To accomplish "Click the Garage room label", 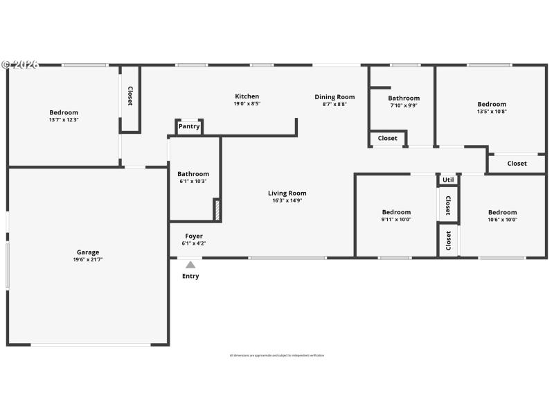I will click(x=88, y=252).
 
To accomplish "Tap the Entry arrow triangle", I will click(x=190, y=264).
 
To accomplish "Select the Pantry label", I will click(x=189, y=126).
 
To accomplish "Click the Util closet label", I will click(x=448, y=179).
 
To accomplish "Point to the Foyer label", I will click(x=194, y=236).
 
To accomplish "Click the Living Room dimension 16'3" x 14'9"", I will click(x=287, y=200).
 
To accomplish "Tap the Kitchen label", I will click(x=247, y=96).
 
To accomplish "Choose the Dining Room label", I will click(x=334, y=97).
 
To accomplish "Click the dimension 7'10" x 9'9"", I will click(x=404, y=105).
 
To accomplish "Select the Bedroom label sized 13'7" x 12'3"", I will click(x=64, y=112).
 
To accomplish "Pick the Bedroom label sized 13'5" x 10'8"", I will click(x=492, y=104).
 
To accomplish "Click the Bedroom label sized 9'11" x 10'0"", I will click(x=396, y=212).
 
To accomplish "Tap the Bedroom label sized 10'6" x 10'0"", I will click(x=502, y=212).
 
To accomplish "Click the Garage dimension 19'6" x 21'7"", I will click(x=88, y=259).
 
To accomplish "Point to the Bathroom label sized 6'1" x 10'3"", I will click(x=193, y=174).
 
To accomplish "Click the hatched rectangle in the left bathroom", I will click(x=216, y=210).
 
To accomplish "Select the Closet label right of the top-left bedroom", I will click(x=129, y=96).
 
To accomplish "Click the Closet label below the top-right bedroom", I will click(x=517, y=164).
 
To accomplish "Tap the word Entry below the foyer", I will click(x=190, y=276).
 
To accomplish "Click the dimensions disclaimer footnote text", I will click(x=277, y=356).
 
